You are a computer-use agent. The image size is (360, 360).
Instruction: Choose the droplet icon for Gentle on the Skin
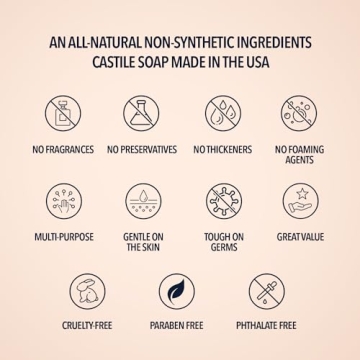pos(143,201)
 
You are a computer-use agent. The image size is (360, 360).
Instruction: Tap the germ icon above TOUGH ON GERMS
pos(223,201)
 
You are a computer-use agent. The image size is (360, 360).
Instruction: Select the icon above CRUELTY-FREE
pos(87,291)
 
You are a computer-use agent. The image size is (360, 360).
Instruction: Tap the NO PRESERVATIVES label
pos(141,150)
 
